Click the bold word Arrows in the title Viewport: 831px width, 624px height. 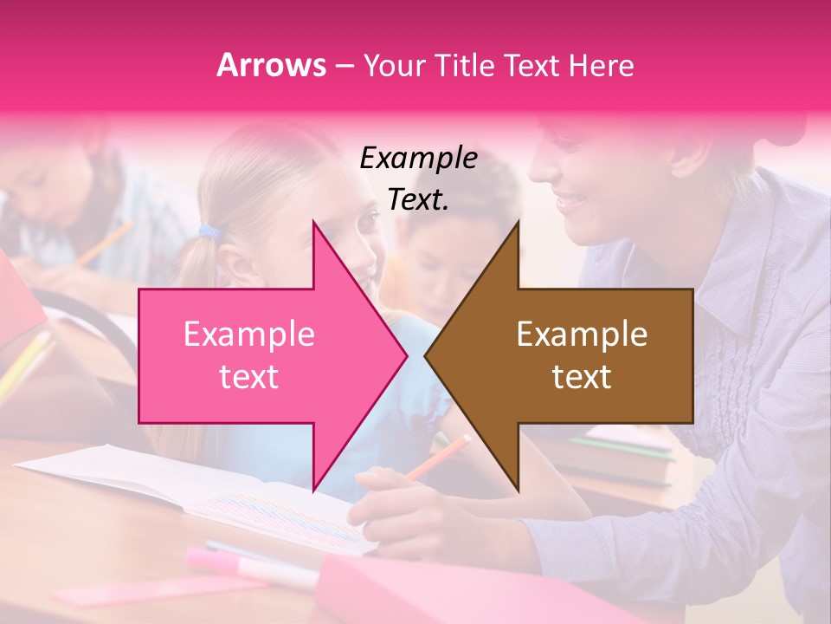coord(272,65)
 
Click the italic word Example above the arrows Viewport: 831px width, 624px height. coord(419,159)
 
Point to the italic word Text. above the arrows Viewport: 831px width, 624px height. coord(419,200)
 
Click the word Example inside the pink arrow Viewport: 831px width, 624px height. coord(249,335)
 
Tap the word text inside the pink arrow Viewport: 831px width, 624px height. coord(249,377)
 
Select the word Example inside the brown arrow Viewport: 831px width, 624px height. coord(582,335)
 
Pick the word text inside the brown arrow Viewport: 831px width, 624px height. coord(582,377)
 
